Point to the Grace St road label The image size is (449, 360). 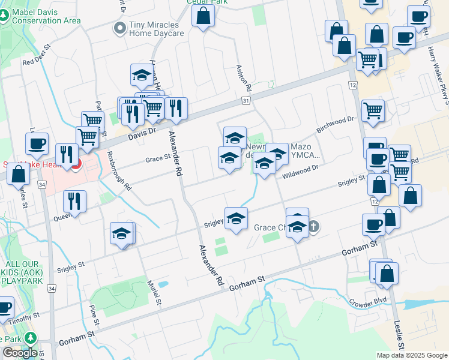tap(159, 160)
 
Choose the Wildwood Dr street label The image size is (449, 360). tap(300, 170)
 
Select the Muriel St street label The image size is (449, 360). tap(156, 291)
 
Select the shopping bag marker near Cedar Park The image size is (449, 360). tap(203, 16)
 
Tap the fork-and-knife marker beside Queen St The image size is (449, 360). tap(74, 201)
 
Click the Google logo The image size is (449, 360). tap(19, 353)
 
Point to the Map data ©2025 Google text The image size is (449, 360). tap(411, 355)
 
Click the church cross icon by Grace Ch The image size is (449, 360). tap(313, 227)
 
